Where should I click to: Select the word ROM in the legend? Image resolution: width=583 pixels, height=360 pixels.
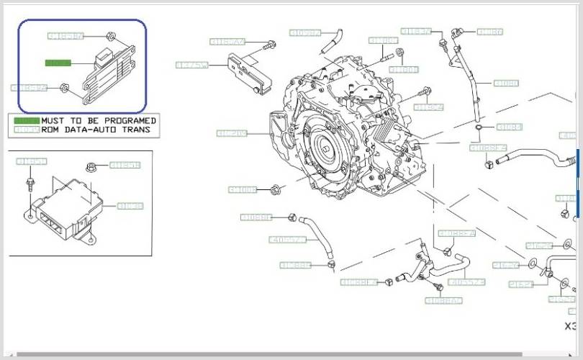tap(50, 130)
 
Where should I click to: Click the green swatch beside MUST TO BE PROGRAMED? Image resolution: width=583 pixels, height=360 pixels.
tap(26, 120)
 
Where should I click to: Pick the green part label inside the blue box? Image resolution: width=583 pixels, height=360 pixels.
tap(58, 63)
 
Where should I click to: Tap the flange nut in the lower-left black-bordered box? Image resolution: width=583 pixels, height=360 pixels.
tap(92, 167)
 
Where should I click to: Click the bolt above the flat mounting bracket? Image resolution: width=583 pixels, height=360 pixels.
tap(271, 45)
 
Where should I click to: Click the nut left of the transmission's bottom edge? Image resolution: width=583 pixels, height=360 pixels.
tap(276, 190)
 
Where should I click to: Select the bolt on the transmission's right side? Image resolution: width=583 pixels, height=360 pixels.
tap(427, 91)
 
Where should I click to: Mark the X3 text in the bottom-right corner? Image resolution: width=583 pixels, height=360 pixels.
tap(570, 326)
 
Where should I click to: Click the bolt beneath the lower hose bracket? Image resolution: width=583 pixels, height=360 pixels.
tap(438, 289)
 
